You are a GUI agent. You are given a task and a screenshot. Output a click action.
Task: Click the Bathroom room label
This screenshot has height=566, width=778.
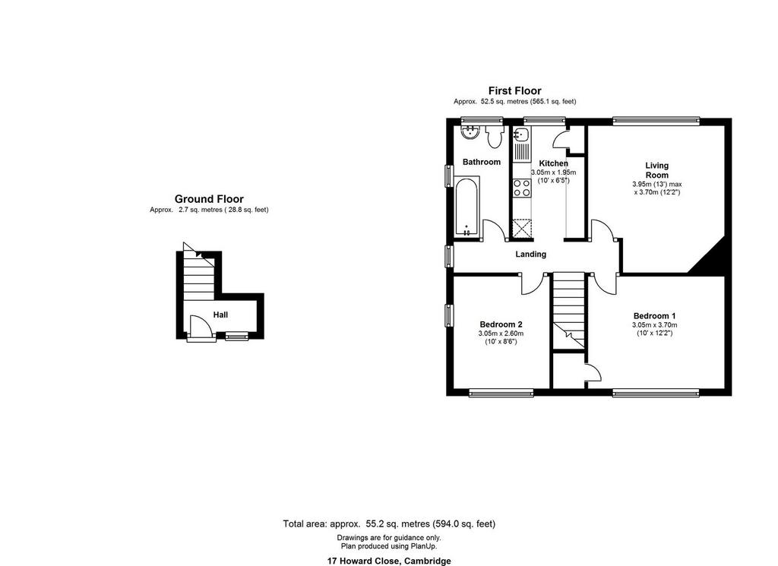(481, 162)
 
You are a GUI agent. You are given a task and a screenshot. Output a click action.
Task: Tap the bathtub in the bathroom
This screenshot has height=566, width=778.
(466, 207)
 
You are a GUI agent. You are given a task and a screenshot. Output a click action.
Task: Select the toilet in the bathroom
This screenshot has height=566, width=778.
(494, 137)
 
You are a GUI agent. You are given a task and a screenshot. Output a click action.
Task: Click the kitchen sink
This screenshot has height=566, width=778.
(521, 134)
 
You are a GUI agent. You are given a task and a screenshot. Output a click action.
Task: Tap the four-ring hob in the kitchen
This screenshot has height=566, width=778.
(521, 188)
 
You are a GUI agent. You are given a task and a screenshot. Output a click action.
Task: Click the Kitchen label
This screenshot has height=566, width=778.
(553, 163)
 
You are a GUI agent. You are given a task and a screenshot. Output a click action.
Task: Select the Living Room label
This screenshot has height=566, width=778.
(657, 170)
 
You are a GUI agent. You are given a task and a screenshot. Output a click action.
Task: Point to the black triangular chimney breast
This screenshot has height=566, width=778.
(710, 258)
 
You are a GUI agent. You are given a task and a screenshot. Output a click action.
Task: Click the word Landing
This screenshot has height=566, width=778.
(530, 254)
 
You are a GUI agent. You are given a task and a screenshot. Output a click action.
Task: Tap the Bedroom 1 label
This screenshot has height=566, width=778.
(654, 316)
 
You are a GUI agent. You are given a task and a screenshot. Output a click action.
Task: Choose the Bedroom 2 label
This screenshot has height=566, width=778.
(501, 324)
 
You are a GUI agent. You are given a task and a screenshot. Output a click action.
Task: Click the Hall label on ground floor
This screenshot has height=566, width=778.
(220, 315)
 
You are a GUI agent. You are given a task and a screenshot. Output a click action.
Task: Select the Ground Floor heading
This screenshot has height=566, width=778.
(209, 199)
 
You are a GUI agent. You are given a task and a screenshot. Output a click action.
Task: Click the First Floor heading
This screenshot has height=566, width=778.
(514, 90)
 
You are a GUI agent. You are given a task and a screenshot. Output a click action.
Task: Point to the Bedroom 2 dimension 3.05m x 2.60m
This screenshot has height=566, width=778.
(501, 334)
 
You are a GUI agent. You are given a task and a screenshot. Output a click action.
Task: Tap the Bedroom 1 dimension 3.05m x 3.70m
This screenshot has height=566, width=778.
(654, 325)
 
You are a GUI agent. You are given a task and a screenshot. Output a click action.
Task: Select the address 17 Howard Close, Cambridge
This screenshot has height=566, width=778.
(389, 561)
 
